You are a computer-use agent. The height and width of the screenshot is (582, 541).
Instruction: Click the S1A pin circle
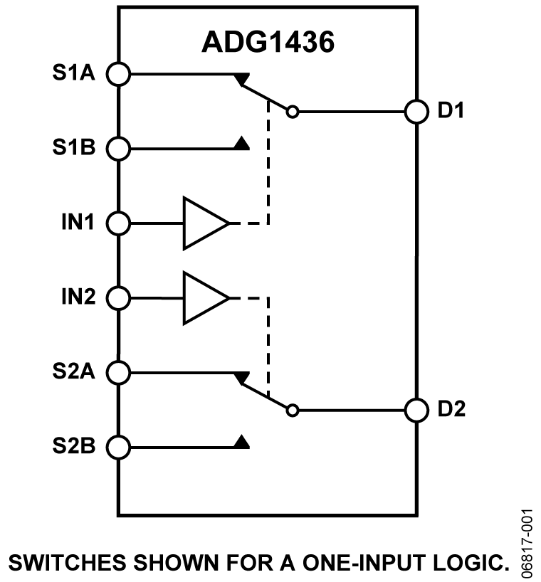point(119,73)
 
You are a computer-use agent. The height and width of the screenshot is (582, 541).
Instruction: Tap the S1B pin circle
point(119,149)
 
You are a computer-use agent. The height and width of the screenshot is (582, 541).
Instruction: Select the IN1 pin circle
point(119,223)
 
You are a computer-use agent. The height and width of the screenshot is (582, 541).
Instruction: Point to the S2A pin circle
point(119,372)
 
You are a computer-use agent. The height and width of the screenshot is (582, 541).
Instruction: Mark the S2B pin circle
point(119,447)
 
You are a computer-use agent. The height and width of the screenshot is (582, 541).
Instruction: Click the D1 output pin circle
point(416,112)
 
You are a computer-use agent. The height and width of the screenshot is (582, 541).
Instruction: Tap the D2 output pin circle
point(416,410)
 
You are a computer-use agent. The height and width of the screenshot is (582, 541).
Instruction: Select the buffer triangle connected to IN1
point(204,223)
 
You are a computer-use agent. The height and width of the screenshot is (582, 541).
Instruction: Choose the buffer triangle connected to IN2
point(204,297)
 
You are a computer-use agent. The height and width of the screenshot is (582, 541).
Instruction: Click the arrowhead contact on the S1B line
point(241,145)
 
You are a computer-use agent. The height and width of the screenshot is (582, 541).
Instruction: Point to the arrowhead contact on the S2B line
point(241,443)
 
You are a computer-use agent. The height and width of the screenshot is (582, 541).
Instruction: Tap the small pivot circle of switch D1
point(292,112)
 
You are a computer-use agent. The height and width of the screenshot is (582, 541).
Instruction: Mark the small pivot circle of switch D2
point(292,410)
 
